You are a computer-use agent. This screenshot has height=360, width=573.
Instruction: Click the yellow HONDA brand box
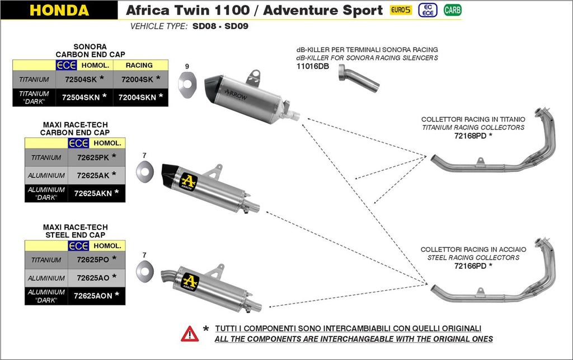59,10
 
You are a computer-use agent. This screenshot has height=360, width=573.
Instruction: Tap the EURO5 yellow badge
401,10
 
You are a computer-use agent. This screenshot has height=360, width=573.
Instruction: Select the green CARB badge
452,10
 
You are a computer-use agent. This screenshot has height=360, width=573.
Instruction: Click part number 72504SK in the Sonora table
81,80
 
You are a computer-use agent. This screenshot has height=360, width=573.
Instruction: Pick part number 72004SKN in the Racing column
137,97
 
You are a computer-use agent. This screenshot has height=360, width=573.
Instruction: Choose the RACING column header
139,66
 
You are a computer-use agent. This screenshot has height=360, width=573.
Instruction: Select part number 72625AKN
92,193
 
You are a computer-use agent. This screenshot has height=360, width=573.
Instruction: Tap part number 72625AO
92,278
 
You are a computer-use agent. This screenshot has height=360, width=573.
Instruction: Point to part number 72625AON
92,296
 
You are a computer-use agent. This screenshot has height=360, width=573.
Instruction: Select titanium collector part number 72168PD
470,136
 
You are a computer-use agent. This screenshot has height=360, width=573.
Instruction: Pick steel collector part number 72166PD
470,266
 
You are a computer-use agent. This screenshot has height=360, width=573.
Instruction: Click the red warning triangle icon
190,334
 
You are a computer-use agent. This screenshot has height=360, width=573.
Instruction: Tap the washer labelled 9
187,81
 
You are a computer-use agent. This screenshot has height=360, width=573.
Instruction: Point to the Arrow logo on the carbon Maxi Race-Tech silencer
189,181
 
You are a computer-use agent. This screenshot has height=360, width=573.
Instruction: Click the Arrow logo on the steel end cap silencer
190,281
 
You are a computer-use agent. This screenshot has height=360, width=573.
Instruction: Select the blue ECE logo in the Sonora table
67,66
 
